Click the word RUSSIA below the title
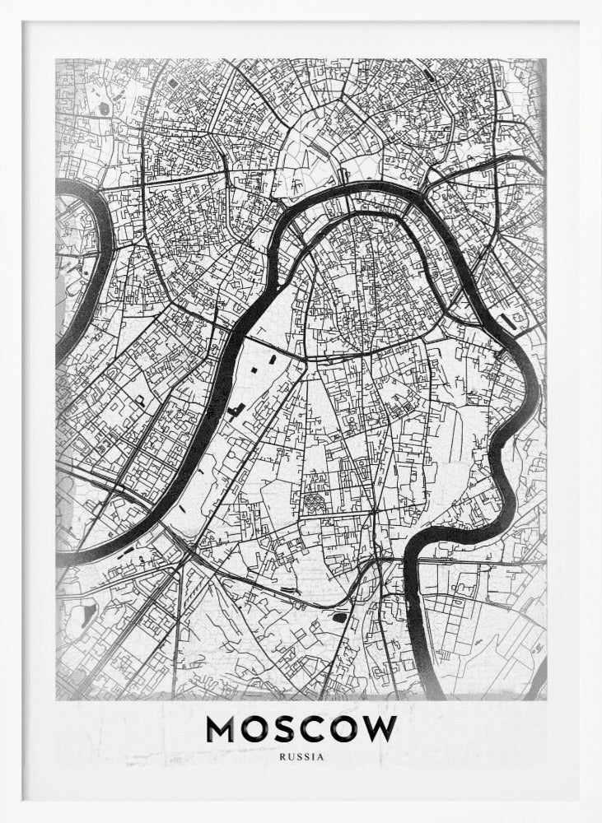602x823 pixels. pyautogui.click(x=301, y=756)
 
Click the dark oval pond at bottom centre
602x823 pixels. pyautogui.click(x=338, y=616)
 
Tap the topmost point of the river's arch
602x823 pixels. pyautogui.click(x=362, y=188)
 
